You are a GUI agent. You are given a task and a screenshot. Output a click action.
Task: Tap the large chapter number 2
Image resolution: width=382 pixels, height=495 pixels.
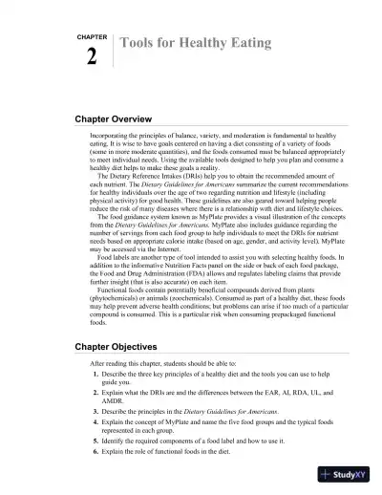pyautogui.click(x=91, y=58)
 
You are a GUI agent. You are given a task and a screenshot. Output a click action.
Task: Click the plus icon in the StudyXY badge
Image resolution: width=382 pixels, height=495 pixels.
pyautogui.click(x=327, y=475)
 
